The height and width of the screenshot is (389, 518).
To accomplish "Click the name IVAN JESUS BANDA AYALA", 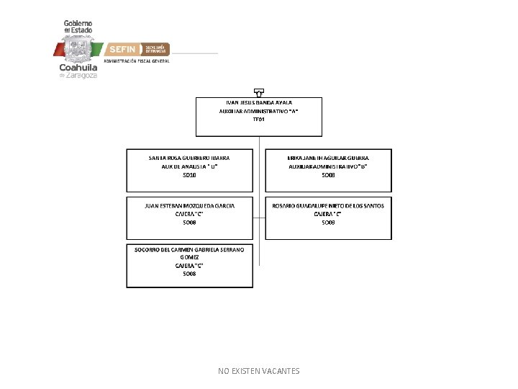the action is click(259, 102).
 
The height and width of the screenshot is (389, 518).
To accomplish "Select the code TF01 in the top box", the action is click(259, 120).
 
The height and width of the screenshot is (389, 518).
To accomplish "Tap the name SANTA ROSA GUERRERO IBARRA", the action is click(190, 157).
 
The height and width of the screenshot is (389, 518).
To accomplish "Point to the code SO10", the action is click(190, 174).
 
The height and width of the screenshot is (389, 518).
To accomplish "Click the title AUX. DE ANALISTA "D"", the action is click(190, 166).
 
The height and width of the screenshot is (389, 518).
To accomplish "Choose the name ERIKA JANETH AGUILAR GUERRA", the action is click(328, 157).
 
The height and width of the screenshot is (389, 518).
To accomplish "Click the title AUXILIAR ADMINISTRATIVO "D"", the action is click(328, 166).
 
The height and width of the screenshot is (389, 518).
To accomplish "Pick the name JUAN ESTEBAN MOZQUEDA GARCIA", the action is click(190, 205).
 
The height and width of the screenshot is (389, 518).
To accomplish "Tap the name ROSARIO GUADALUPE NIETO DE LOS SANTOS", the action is click(328, 205).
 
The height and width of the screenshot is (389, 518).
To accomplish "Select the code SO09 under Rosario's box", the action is click(328, 223).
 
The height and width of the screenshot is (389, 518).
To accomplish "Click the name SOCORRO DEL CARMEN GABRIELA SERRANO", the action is click(190, 249).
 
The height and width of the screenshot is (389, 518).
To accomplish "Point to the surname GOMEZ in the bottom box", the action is click(190, 257).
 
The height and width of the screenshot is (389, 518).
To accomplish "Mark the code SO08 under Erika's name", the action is click(328, 174).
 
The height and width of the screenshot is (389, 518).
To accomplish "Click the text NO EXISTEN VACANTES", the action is click(259, 371).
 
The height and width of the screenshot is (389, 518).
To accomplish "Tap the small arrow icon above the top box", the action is click(259, 92).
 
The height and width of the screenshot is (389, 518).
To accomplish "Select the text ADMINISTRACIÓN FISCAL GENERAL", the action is click(137, 62).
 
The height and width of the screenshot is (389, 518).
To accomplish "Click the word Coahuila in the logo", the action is click(78, 68).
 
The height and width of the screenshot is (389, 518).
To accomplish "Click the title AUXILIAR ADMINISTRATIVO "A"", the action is click(259, 111).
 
